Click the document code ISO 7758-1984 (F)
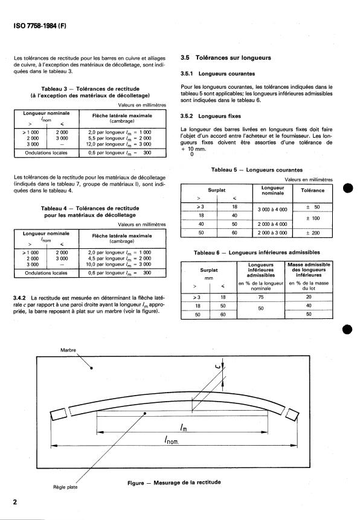pyautogui.click(x=40, y=26)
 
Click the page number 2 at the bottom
pyautogui.click(x=15, y=502)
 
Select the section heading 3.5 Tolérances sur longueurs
pyautogui.click(x=226, y=58)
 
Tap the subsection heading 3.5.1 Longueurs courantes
pyautogui.click(x=217, y=74)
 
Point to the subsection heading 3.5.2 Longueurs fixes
pyautogui.click(x=211, y=116)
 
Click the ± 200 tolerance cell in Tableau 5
pyautogui.click(x=312, y=233)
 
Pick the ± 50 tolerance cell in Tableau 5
pyautogui.click(x=312, y=207)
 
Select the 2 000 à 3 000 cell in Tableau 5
pyautogui.click(x=272, y=233)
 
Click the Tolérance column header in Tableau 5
pyautogui.click(x=312, y=190)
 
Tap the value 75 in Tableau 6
pyautogui.click(x=261, y=297)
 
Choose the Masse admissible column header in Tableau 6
pyautogui.click(x=309, y=269)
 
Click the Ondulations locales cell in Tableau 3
pyautogui.click(x=46, y=153)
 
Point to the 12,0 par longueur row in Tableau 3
pyautogui.click(x=120, y=144)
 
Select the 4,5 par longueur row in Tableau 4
pyautogui.click(x=120, y=258)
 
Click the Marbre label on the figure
pyautogui.click(x=68, y=350)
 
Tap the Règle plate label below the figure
pyautogui.click(x=65, y=487)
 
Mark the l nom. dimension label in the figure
pyautogui.click(x=172, y=440)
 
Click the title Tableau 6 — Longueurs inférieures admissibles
pyautogui.click(x=257, y=252)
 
